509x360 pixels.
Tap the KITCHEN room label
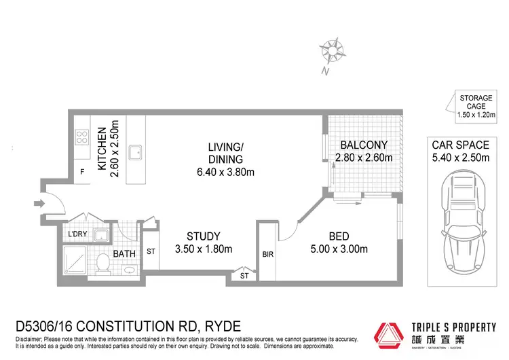[101, 149]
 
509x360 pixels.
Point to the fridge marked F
[82, 172]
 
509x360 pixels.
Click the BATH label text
[125, 254]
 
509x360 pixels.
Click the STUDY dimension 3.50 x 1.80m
[203, 249]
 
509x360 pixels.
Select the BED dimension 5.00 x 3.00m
[339, 249]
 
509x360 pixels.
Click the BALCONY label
[364, 145]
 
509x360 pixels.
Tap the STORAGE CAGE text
[476, 102]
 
